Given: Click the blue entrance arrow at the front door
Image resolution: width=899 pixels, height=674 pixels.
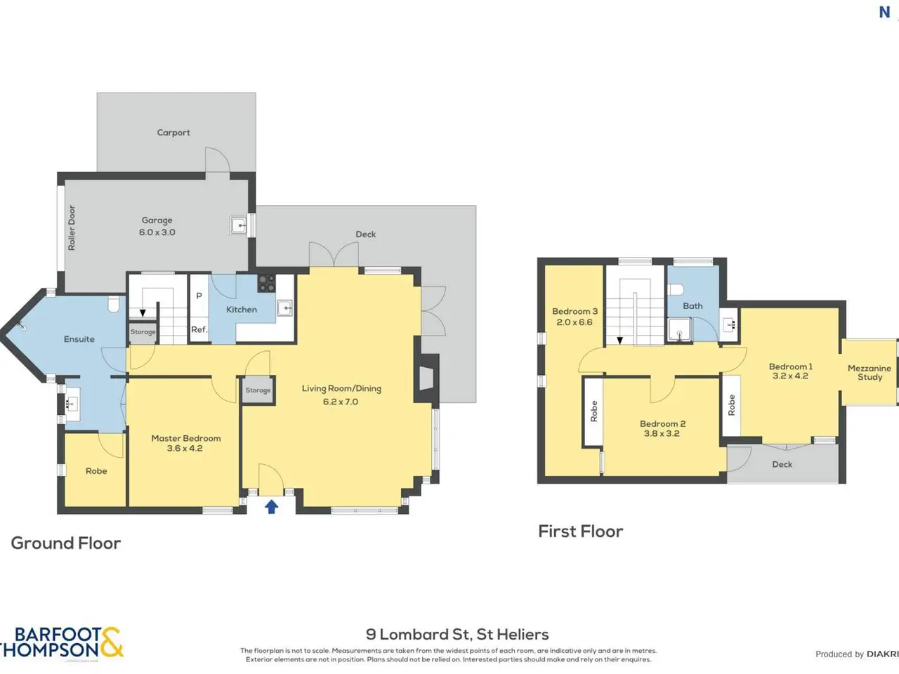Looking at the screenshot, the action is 272,507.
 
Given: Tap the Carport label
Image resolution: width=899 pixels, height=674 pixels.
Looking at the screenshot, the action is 173,133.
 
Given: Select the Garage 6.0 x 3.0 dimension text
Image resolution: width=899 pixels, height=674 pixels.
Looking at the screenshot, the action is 157,232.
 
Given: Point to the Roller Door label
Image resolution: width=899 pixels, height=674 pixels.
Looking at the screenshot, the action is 72,227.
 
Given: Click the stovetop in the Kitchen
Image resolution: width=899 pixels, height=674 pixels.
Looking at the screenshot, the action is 267,283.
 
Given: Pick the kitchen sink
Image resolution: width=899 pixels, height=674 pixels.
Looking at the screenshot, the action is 285,308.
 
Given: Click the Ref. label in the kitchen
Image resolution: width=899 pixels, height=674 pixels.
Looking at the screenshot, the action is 199,329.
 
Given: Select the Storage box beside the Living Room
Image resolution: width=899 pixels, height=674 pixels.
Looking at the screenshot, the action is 258,390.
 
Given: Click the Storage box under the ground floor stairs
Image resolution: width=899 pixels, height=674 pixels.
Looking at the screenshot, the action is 143,331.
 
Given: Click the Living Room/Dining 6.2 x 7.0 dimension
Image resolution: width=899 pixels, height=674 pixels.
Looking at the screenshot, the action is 341,402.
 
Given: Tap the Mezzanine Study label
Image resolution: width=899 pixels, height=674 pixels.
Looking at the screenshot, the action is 870,373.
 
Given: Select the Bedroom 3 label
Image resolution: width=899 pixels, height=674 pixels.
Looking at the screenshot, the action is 575,311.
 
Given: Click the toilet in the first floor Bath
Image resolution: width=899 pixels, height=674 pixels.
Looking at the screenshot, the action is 676,290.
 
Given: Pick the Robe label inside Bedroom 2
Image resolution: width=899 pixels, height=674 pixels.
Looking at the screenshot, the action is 593,411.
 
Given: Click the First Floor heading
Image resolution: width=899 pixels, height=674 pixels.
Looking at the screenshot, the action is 581,531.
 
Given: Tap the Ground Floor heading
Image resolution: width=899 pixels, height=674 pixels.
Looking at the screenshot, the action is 66,543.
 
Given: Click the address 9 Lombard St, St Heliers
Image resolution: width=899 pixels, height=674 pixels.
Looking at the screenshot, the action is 457,634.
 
